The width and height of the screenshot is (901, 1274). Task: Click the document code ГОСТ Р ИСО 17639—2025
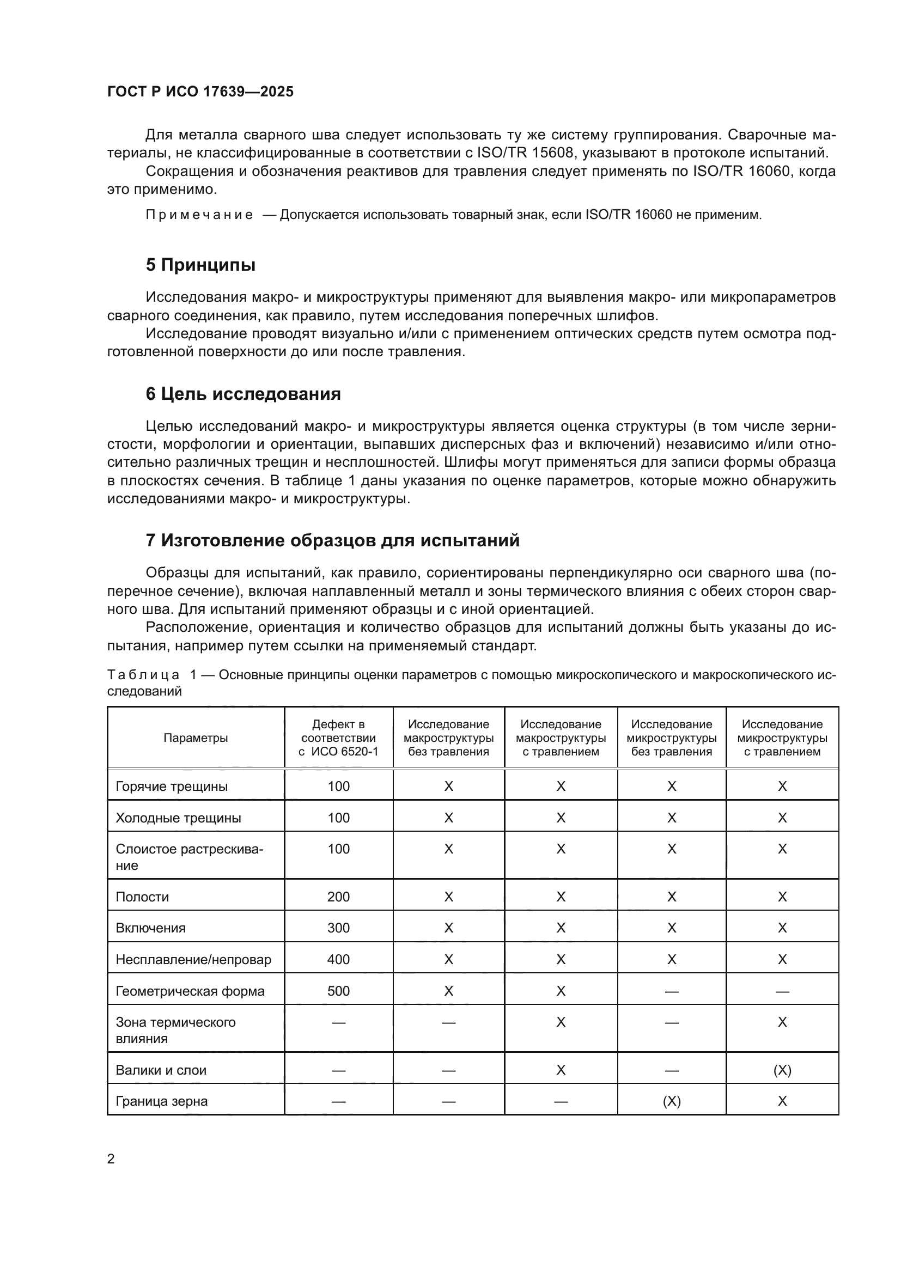pyautogui.click(x=200, y=92)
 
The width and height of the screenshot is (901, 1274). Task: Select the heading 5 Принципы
pyautogui.click(x=200, y=265)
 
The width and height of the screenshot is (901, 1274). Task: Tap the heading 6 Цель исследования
pyautogui.click(x=243, y=394)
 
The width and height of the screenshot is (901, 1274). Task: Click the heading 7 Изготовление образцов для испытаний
pyautogui.click(x=332, y=540)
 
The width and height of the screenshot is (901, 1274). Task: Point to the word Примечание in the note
pyautogui.click(x=199, y=215)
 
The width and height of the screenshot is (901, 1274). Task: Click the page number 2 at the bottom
pyautogui.click(x=111, y=1159)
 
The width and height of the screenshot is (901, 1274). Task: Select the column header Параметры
pyautogui.click(x=196, y=738)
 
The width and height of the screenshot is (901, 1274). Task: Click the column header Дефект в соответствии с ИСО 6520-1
pyautogui.click(x=338, y=738)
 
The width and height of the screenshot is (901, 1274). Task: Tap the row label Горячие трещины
pyautogui.click(x=172, y=787)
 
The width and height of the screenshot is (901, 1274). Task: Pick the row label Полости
pyautogui.click(x=142, y=897)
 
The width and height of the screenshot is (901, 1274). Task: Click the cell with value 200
pyautogui.click(x=338, y=897)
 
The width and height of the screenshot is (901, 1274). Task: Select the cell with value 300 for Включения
pyautogui.click(x=338, y=928)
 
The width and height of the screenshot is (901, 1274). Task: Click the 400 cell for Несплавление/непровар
pyautogui.click(x=338, y=959)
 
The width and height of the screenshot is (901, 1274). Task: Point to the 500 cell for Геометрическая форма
pyautogui.click(x=338, y=991)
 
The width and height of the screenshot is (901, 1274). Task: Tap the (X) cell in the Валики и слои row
pyautogui.click(x=782, y=1070)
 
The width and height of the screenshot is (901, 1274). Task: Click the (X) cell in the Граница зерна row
pyautogui.click(x=671, y=1101)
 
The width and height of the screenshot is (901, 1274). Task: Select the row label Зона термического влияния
pyautogui.click(x=175, y=1030)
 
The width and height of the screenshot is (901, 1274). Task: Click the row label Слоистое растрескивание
pyautogui.click(x=189, y=857)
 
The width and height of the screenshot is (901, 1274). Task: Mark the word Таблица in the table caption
pyautogui.click(x=143, y=675)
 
